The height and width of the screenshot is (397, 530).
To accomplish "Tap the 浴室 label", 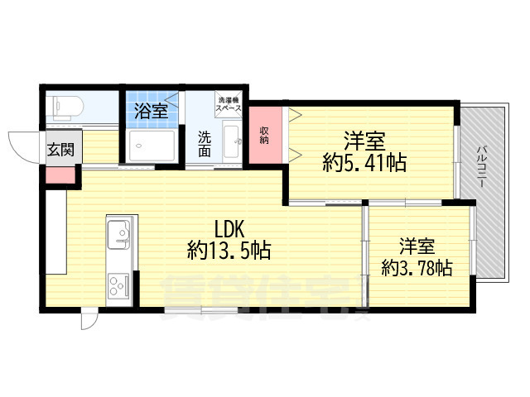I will point(151,108).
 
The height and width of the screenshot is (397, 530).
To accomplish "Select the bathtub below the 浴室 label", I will point(152,147).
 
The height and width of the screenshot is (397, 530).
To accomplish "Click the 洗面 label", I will point(204,146).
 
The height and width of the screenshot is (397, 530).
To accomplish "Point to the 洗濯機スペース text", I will point(228,103).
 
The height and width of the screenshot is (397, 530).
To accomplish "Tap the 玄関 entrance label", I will point(60,149).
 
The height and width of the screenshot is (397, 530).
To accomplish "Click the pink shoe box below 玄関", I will point(60,174).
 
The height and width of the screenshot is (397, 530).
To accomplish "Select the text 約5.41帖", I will point(364,163).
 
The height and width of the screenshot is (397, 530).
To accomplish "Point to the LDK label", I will point(229,225).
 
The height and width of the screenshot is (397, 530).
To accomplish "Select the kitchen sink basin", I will point(118,234).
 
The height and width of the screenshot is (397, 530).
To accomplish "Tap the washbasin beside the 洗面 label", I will point(231,144).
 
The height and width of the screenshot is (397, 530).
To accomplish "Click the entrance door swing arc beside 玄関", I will point(22,147).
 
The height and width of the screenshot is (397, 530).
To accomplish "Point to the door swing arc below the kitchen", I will point(89,319).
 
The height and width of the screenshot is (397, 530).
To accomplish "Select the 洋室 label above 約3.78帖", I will point(417,246).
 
